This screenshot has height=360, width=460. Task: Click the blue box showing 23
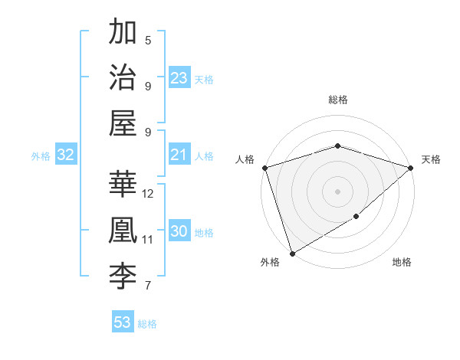coord(179,78)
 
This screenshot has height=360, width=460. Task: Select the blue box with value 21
coord(179,155)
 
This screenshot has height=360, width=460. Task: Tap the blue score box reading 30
coord(179,232)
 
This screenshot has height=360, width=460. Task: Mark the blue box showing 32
coord(66,155)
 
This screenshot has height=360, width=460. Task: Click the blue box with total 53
coord(123,322)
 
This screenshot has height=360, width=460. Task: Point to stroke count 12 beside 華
coord(148,193)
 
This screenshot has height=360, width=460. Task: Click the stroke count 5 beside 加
coord(148,41)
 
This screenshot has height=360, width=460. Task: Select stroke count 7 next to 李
coord(148,286)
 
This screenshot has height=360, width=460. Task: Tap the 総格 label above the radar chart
coord(337,100)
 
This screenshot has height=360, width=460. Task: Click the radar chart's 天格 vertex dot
coord(411,168)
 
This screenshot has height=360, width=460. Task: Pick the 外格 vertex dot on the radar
coord(292,254)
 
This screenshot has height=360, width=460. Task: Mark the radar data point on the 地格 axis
coord(356,218)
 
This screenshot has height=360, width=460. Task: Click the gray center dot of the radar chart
coord(337,191)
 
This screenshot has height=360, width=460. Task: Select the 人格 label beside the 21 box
coord(204,155)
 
